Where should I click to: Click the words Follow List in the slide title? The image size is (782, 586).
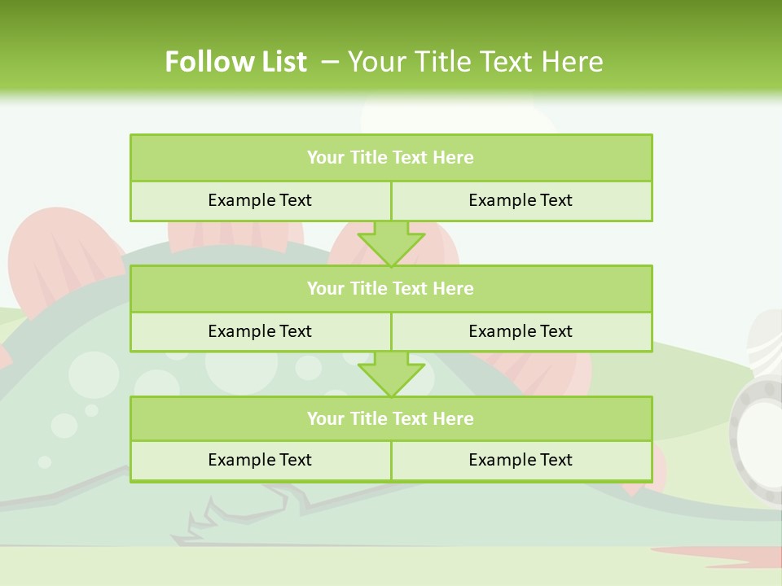click(235, 62)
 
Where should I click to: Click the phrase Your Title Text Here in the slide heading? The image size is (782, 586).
click(475, 62)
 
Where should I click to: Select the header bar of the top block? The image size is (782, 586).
click(391, 158)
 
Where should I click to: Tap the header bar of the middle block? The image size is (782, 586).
click(391, 289)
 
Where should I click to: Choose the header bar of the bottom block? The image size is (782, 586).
click(391, 419)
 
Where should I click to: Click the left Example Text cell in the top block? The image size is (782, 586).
click(260, 201)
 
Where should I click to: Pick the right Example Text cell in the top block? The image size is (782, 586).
click(521, 201)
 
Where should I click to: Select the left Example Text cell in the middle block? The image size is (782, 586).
click(260, 332)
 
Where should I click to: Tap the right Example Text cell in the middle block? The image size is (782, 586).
click(521, 332)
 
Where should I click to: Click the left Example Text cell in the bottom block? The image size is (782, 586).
click(260, 461)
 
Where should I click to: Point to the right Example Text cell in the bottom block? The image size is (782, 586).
click(521, 461)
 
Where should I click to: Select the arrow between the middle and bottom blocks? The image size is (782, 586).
click(391, 374)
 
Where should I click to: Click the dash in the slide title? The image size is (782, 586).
click(330, 62)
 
